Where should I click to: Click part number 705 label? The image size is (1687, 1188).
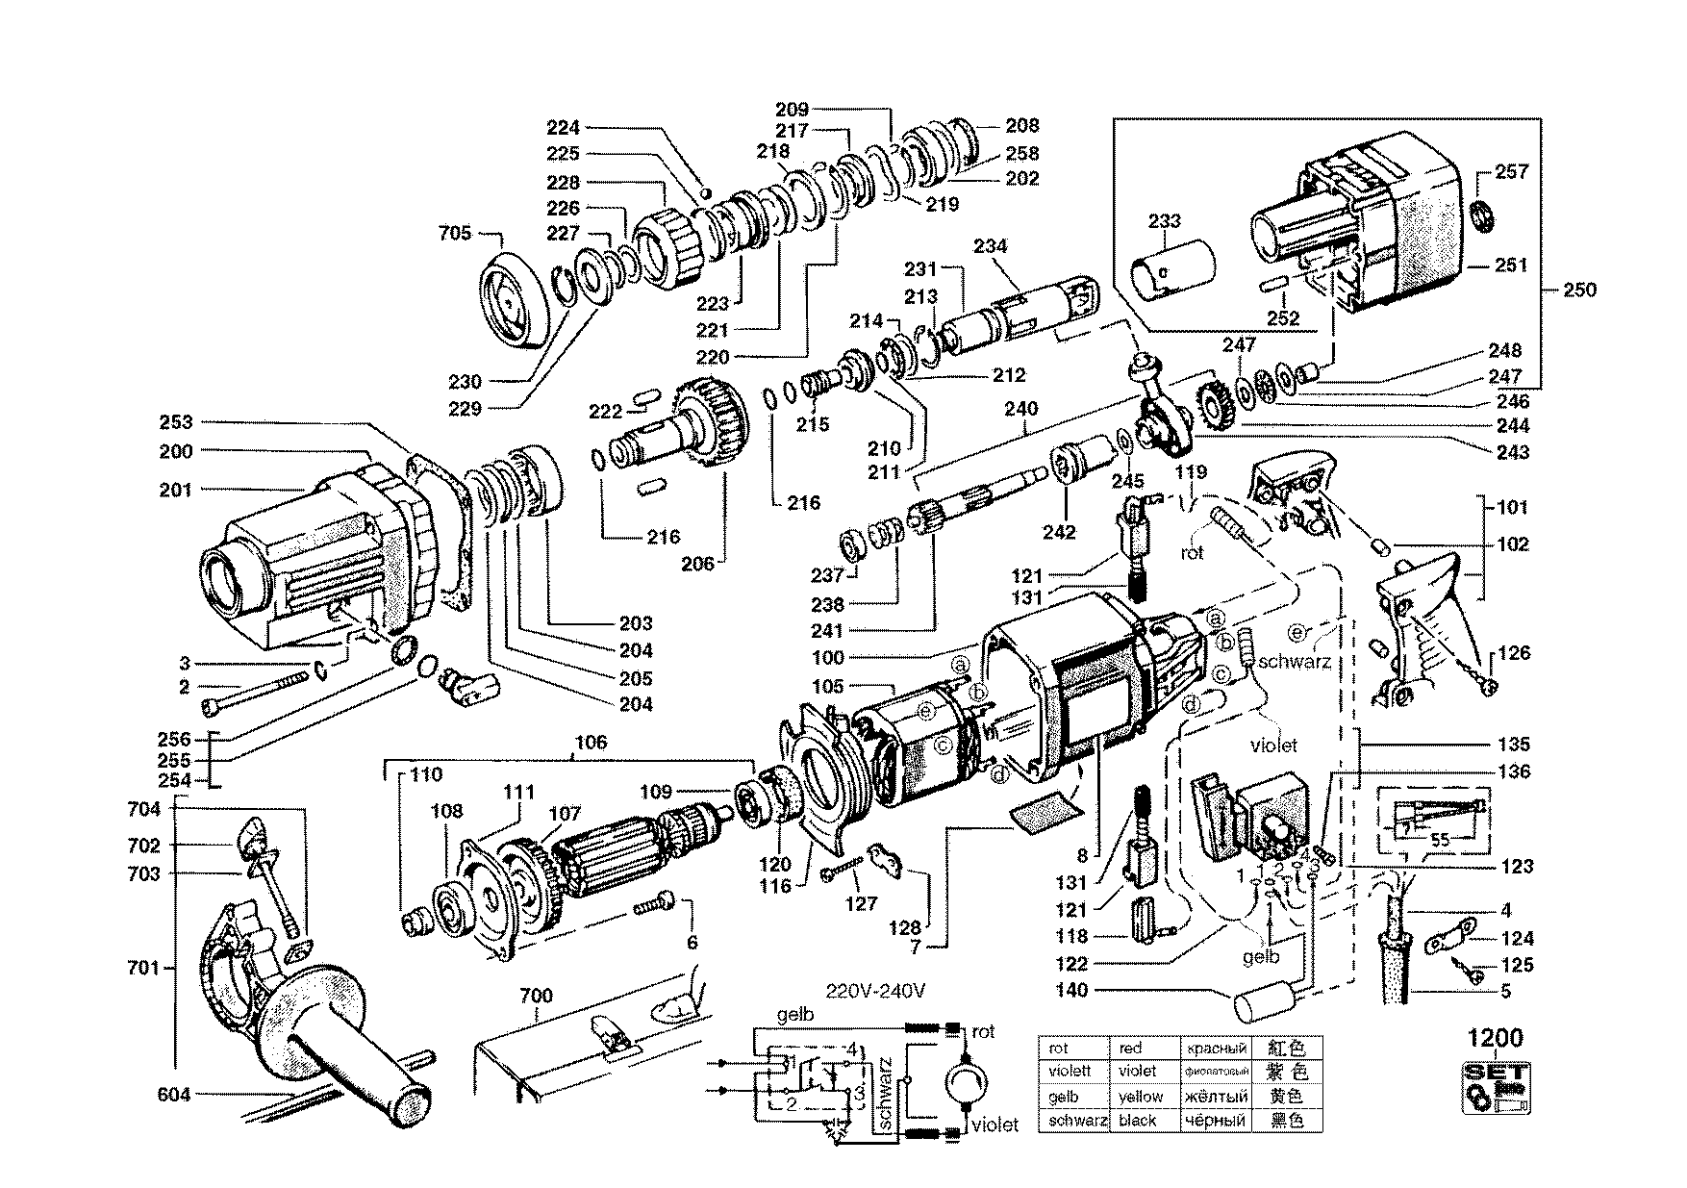coord(455,233)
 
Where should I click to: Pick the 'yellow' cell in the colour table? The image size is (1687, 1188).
coord(1140,1097)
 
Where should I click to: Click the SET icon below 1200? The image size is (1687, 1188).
coord(1495,1086)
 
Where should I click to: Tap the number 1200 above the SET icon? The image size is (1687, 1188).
coord(1495,1039)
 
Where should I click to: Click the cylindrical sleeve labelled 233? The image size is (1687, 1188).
coord(1170,267)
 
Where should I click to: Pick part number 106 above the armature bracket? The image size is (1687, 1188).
coord(591,742)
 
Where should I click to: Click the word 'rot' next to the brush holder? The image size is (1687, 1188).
coord(1193,554)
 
